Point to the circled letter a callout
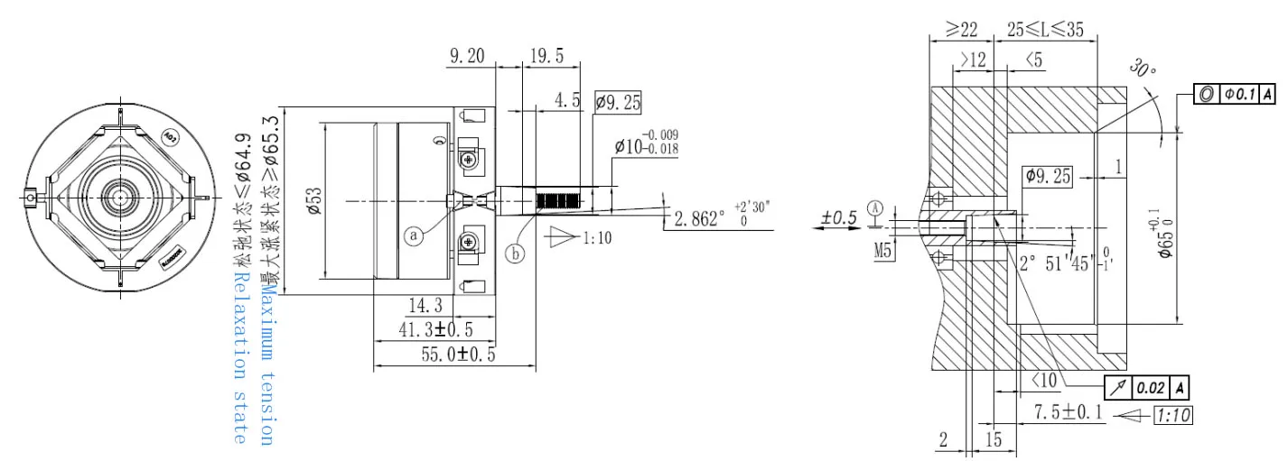pos(415,235)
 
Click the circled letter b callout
pos(515,254)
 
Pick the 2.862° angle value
pos(700,218)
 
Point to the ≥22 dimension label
pos(961,29)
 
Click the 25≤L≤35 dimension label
pos(1045,29)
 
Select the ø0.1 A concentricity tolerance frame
pos(1235,94)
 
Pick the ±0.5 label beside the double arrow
pos(838,217)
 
